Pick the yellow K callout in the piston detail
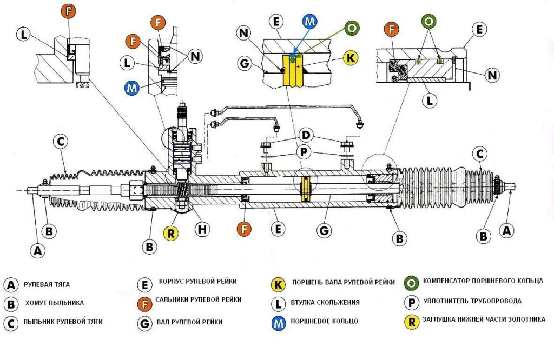pyautogui.click(x=351, y=58)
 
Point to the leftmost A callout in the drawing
pyautogui.click(x=37, y=250)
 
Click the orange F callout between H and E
pyautogui.click(x=245, y=228)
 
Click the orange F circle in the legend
pyautogui.click(x=144, y=303)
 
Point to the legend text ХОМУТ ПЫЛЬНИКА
pyautogui.click(x=55, y=303)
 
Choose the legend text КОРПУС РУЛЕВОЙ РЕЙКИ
pyautogui.click(x=197, y=282)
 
